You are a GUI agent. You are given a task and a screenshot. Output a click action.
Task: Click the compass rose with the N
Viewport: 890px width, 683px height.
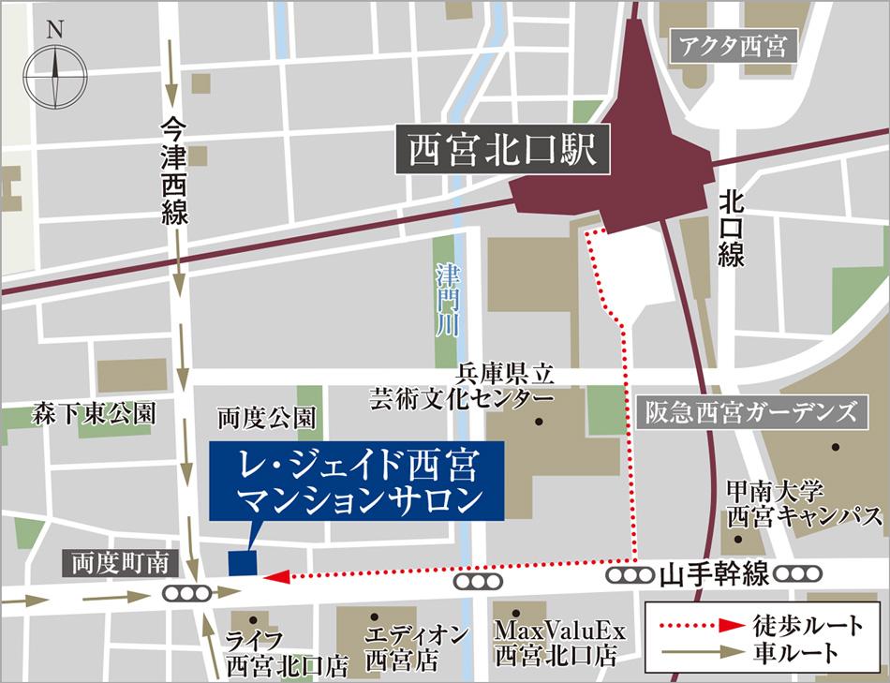pyautogui.click(x=54, y=72)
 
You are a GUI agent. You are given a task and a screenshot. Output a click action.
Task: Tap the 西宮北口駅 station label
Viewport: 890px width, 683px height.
pyautogui.click(x=503, y=151)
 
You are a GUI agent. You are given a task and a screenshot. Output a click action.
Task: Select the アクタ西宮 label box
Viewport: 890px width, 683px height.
pyautogui.click(x=733, y=46)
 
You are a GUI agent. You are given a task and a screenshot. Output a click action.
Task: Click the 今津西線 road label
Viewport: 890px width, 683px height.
pyautogui.click(x=174, y=171)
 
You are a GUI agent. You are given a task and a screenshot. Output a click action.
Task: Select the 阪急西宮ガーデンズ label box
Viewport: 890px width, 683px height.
pyautogui.click(x=750, y=412)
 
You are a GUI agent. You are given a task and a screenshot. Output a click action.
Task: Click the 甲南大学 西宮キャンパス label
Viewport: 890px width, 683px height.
pyautogui.click(x=805, y=503)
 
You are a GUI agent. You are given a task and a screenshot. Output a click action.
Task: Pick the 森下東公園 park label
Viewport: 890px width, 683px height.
pyautogui.click(x=92, y=413)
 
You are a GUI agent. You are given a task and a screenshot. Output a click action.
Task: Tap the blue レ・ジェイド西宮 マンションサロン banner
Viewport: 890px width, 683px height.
pyautogui.click(x=357, y=481)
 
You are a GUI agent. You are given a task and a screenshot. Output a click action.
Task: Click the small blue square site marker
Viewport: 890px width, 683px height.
pyautogui.click(x=243, y=561)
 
